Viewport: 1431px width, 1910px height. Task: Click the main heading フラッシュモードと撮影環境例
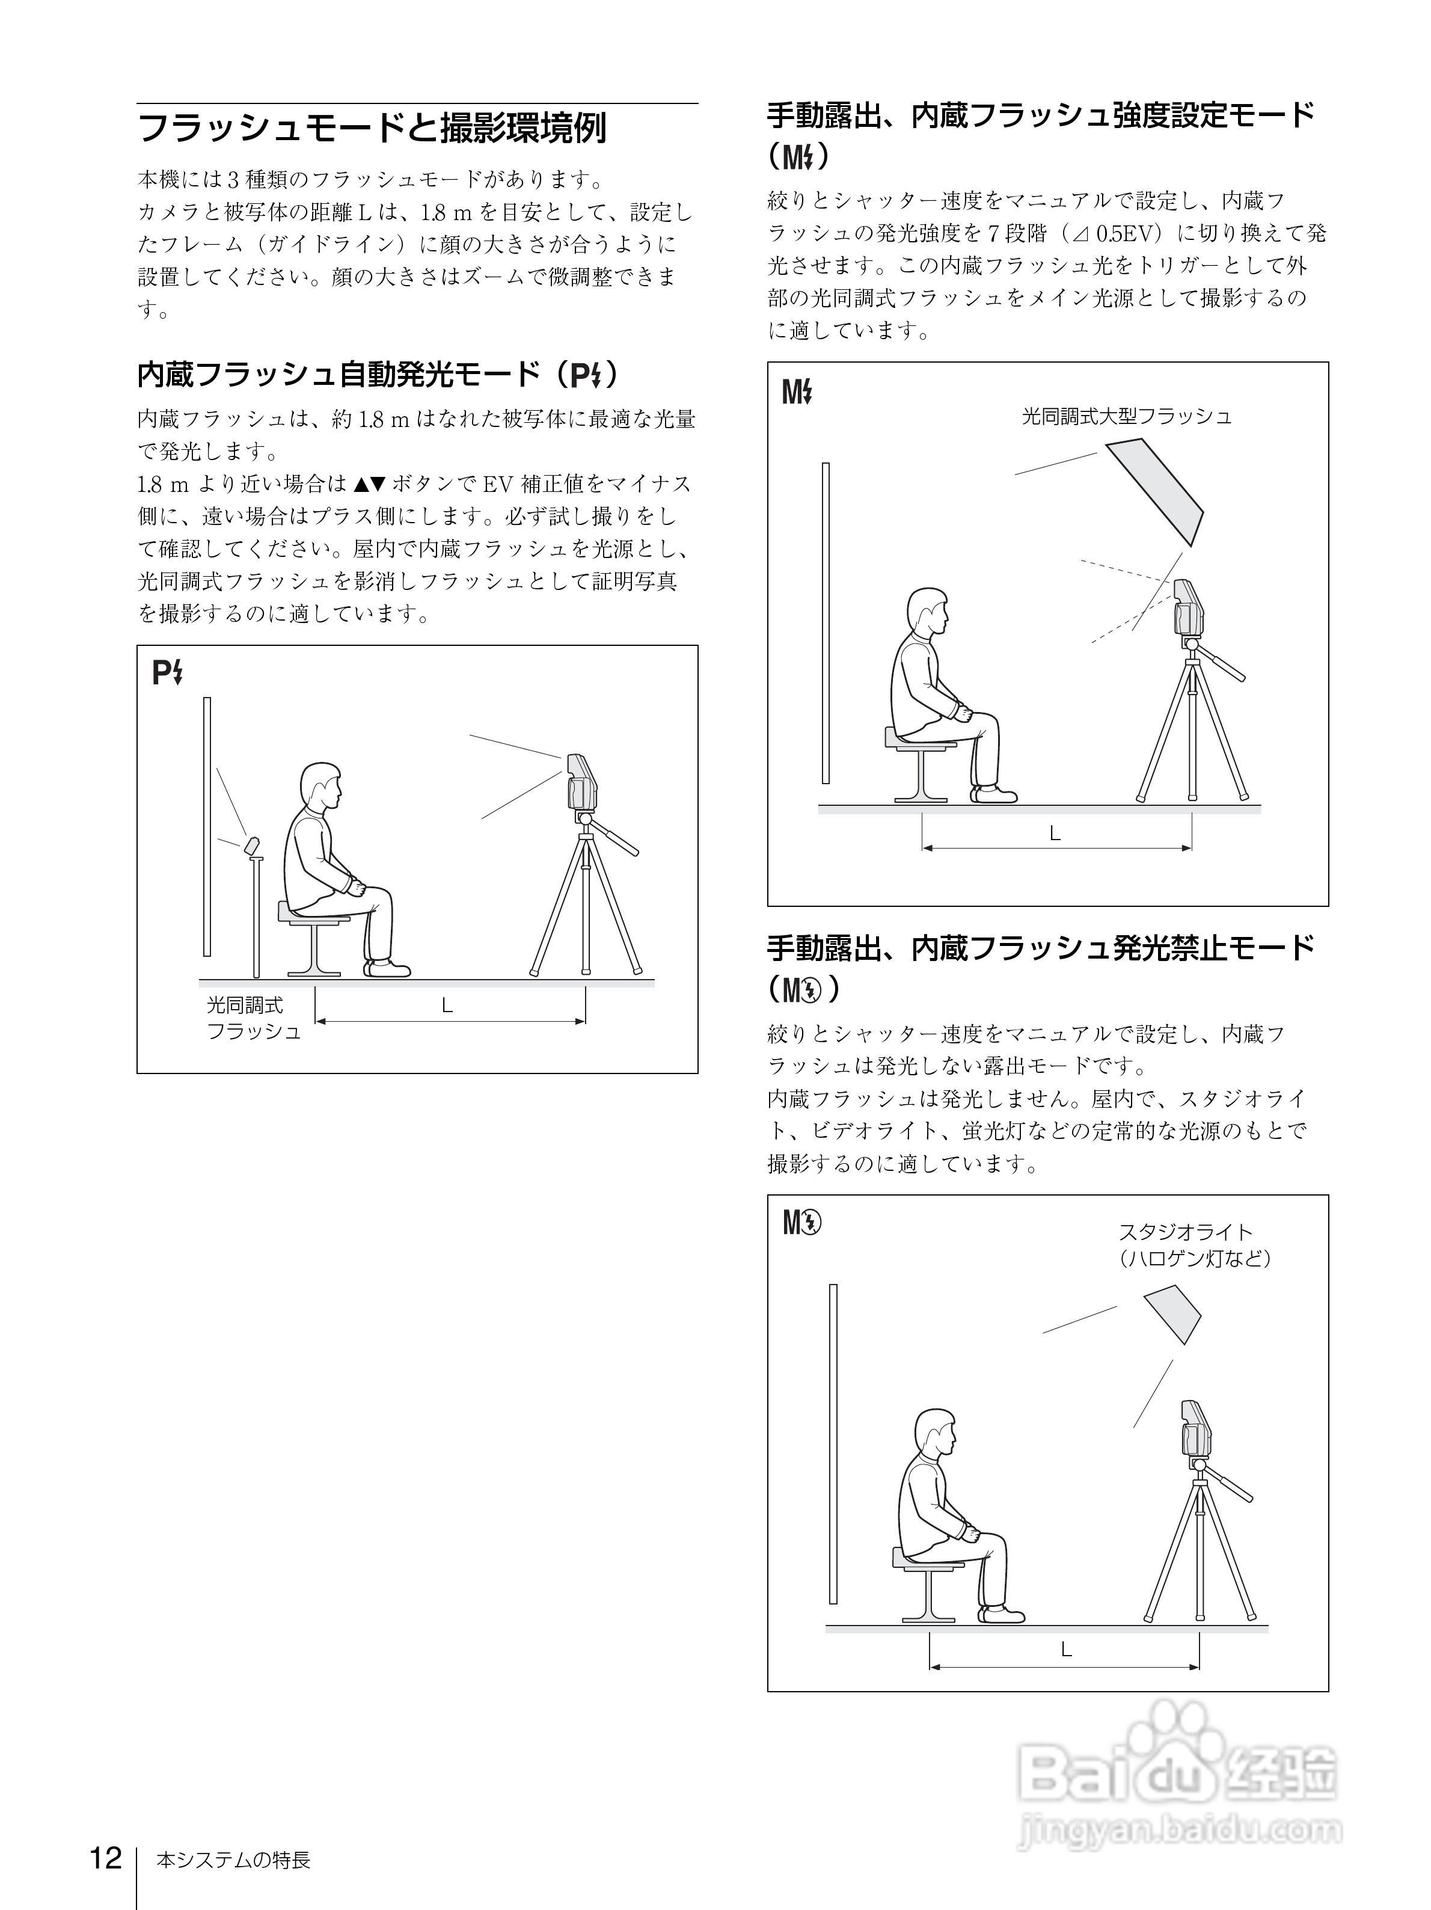coord(371,127)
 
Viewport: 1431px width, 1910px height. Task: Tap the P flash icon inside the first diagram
coord(167,672)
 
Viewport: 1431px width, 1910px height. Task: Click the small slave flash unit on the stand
coord(253,844)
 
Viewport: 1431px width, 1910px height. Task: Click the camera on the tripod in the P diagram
coord(581,781)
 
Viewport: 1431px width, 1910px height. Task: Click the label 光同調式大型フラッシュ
coord(1126,416)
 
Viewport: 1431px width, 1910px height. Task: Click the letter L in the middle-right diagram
coord(1054,834)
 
